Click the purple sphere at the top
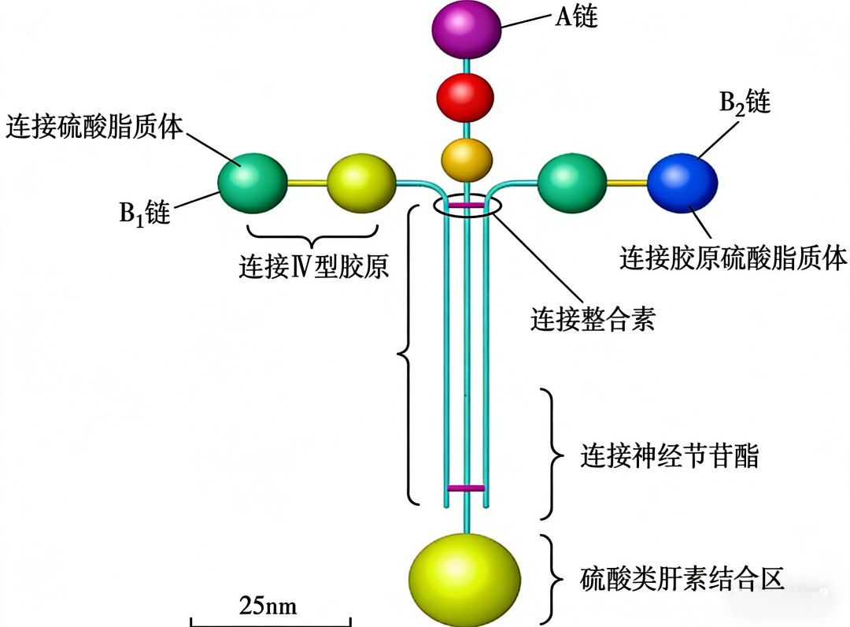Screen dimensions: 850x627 click(x=466, y=29)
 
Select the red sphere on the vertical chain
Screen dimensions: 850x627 click(x=465, y=98)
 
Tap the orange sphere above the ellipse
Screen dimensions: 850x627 click(x=467, y=160)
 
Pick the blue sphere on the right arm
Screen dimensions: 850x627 click(x=682, y=183)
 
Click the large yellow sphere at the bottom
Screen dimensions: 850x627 click(x=464, y=579)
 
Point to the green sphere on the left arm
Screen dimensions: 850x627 click(x=253, y=183)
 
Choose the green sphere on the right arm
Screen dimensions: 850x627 click(x=572, y=183)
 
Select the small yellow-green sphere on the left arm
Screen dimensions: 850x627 click(x=361, y=183)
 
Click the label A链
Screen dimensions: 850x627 click(x=577, y=17)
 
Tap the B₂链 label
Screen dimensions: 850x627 click(x=745, y=102)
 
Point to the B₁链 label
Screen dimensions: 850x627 click(x=145, y=213)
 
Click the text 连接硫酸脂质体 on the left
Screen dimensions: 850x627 click(x=94, y=127)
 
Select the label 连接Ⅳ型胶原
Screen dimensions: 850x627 click(x=314, y=266)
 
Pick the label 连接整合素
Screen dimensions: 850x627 click(x=593, y=319)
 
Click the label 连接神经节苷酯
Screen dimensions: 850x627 click(x=670, y=454)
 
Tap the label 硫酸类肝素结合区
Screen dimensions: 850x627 click(x=682, y=579)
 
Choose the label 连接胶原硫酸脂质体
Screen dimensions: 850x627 click(x=733, y=258)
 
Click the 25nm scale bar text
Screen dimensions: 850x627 click(x=268, y=606)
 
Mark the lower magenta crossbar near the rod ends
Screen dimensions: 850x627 click(x=466, y=488)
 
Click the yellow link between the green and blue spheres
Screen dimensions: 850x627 click(x=627, y=184)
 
